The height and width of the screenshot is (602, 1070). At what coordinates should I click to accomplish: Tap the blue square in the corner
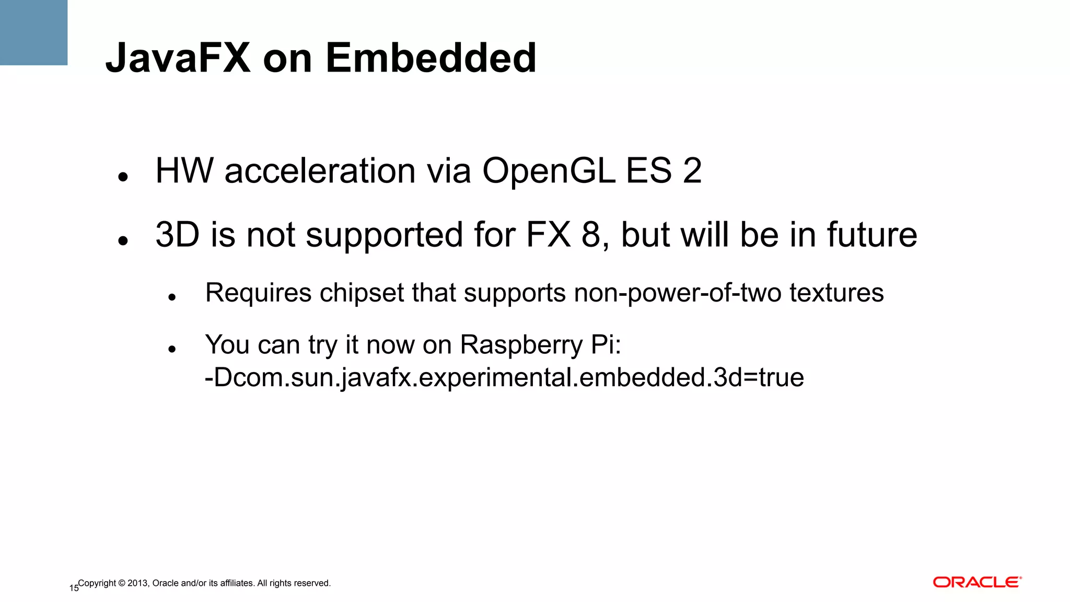[x=33, y=32]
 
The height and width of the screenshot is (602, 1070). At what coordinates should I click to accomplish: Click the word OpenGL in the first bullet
[x=548, y=171]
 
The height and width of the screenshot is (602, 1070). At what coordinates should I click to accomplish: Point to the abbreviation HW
[x=184, y=171]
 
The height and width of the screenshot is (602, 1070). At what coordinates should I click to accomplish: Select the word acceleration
[x=320, y=171]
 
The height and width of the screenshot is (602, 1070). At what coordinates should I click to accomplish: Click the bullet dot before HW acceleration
[x=123, y=177]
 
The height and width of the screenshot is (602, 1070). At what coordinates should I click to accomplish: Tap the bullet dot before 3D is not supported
[x=123, y=241]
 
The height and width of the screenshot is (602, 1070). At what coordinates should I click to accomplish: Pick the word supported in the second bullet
[x=385, y=236]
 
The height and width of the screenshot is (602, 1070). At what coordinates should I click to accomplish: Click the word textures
[x=836, y=293]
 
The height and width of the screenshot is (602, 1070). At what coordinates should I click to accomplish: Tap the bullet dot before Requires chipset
[x=172, y=298]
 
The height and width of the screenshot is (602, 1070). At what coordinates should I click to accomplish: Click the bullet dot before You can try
[x=172, y=349]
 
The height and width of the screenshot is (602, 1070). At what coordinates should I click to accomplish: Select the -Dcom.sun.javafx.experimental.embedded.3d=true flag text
[x=504, y=378]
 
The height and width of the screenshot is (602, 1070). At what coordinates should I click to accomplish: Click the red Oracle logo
[x=977, y=582]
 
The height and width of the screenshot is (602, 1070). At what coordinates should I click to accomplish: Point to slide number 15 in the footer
[x=74, y=588]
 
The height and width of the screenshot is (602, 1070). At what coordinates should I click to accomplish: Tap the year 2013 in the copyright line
[x=138, y=583]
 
